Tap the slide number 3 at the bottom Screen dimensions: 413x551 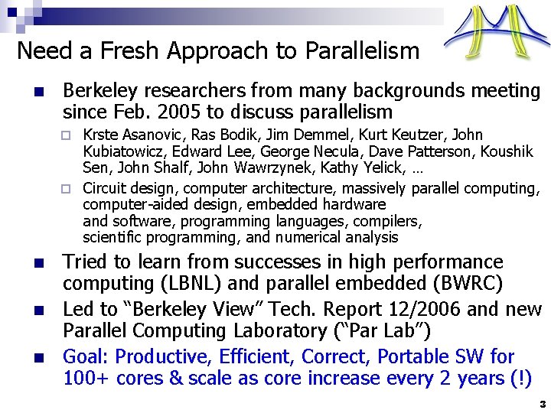click(542, 403)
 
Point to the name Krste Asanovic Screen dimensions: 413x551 click(127, 135)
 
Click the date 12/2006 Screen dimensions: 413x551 click(435, 310)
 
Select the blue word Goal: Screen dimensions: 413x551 click(86, 357)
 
